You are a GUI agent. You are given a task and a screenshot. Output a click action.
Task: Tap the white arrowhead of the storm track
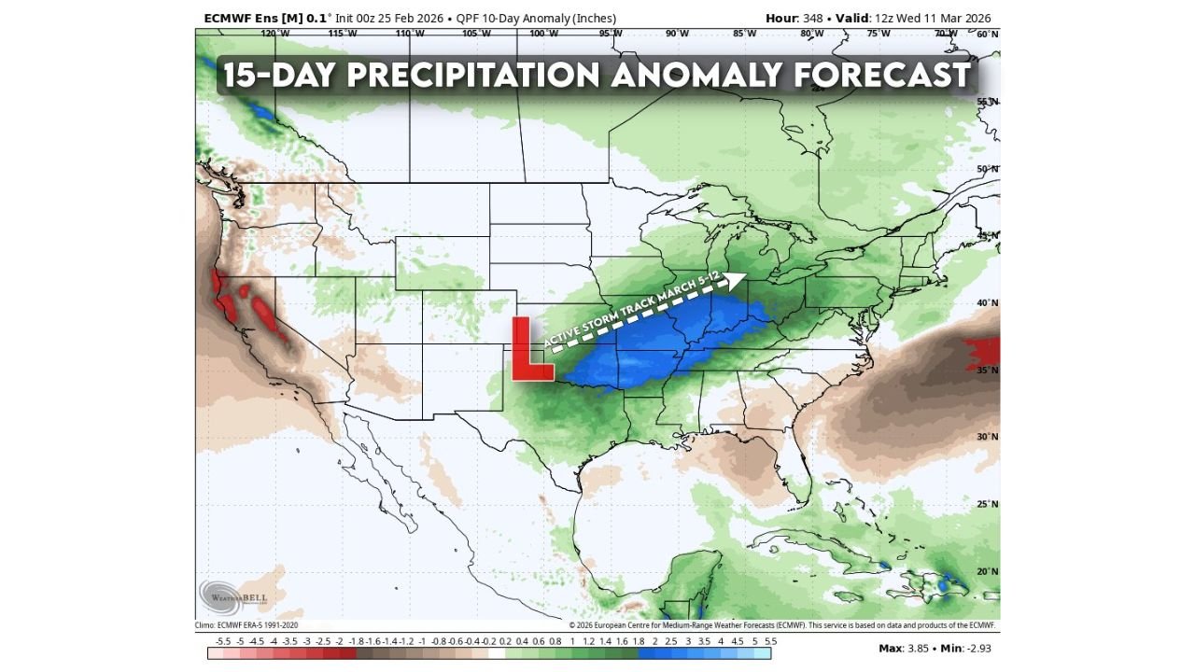coord(737,278)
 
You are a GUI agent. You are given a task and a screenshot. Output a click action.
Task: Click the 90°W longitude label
coord(677,34)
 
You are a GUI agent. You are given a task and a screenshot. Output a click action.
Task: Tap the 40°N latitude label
coord(988,302)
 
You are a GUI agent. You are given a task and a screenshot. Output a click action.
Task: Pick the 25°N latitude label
coord(988,504)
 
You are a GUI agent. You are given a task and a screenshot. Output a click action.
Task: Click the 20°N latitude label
coord(988,571)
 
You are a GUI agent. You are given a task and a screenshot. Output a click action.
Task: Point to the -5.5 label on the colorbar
coord(223,641)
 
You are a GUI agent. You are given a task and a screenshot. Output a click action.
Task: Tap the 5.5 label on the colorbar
coord(770,641)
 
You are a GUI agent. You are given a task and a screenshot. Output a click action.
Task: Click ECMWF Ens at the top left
coord(237,19)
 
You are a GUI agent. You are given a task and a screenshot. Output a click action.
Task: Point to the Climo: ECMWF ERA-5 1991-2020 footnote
coord(247,625)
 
